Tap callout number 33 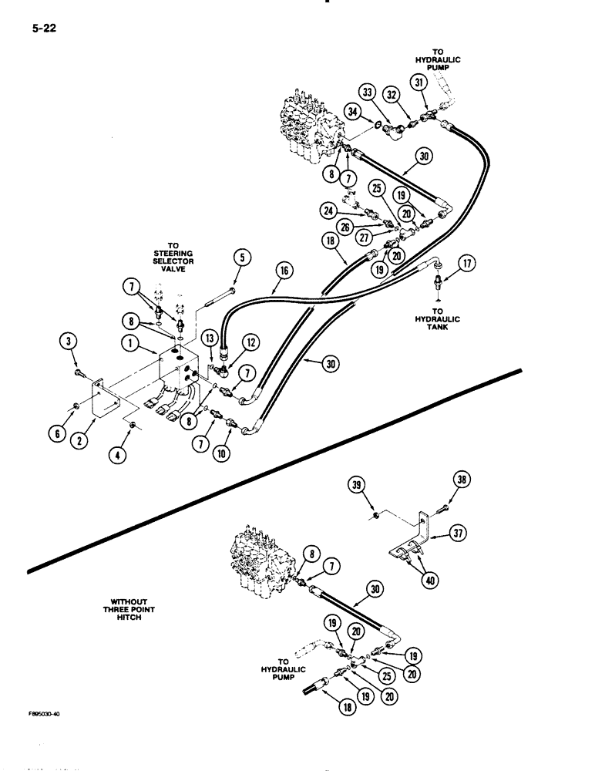coord(367,93)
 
